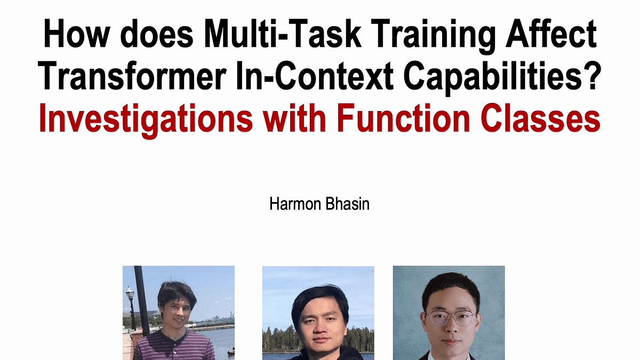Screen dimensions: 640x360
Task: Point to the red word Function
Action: (403, 118)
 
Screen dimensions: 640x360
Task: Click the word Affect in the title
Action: (551, 34)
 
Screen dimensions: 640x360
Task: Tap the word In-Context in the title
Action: (315, 75)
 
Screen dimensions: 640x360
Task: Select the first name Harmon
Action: (295, 204)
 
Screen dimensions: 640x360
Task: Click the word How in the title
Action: (77, 34)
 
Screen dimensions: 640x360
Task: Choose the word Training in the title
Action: (434, 36)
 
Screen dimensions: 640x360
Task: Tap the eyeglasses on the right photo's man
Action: (451, 318)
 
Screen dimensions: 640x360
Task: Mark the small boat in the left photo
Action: (231, 351)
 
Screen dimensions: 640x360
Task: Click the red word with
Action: (294, 118)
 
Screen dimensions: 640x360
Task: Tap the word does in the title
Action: (157, 34)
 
